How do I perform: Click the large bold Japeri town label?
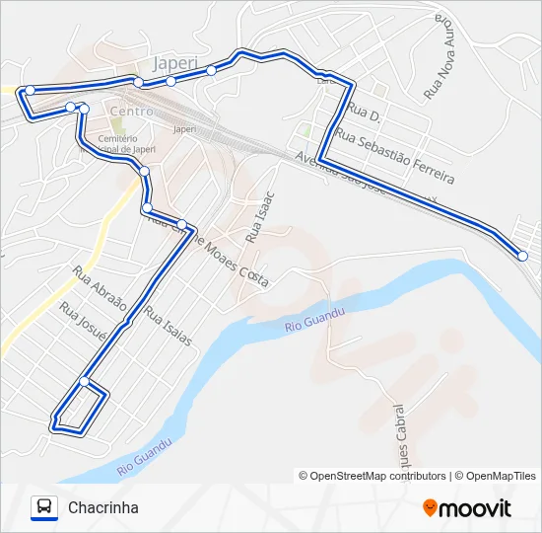click(177, 64)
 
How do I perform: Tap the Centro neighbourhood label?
click(132, 112)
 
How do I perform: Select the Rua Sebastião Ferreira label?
click(394, 155)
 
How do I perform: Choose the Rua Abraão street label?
click(100, 287)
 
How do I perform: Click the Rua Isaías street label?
click(168, 325)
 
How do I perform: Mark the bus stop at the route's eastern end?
click(522, 256)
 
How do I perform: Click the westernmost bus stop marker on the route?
click(30, 90)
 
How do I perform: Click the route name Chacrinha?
click(103, 507)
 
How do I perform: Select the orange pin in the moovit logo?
click(430, 507)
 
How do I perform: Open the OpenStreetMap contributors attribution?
click(373, 476)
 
